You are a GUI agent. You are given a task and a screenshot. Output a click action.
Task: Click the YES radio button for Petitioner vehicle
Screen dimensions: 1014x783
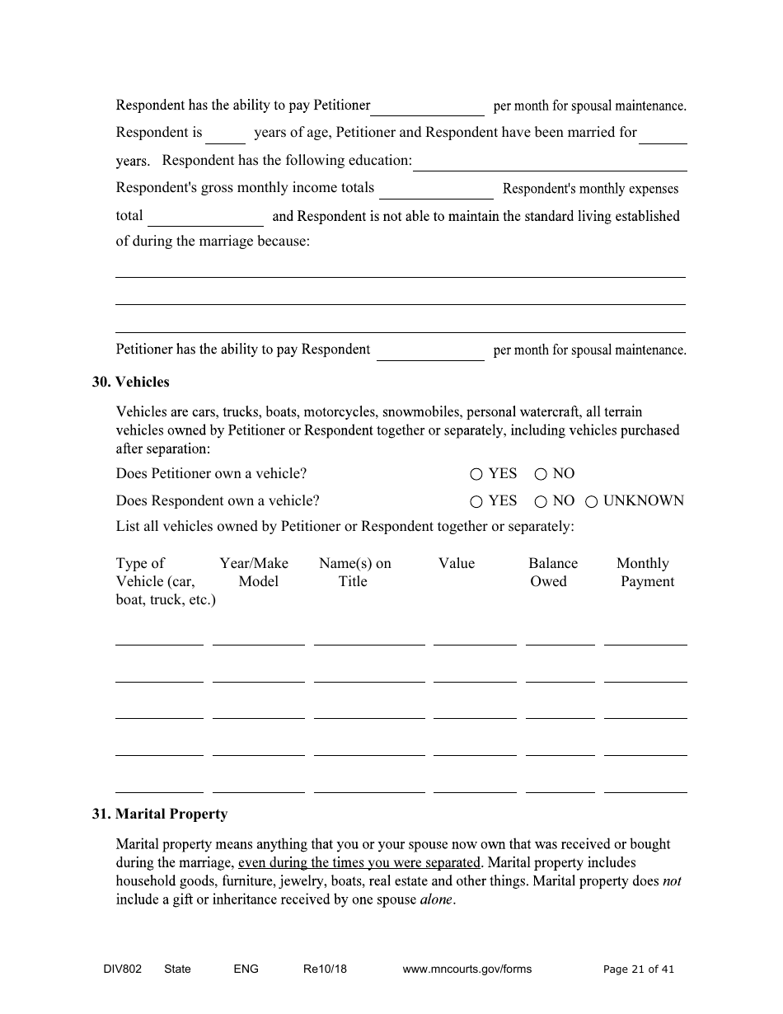point(476,474)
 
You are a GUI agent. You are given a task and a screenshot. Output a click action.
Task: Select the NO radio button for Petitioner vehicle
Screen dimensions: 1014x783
point(541,474)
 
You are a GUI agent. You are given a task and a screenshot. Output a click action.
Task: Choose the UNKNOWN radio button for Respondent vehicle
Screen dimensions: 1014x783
point(591,501)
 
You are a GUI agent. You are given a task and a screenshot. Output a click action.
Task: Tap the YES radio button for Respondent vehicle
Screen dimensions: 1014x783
point(476,501)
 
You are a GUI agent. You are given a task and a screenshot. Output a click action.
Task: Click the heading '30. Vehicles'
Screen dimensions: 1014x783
point(130,382)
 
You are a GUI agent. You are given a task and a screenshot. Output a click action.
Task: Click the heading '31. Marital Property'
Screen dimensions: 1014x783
point(159,814)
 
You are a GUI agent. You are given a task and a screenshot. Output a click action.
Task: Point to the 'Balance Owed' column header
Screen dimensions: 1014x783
point(552,572)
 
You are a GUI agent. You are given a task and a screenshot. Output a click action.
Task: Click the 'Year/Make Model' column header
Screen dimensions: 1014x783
point(255,572)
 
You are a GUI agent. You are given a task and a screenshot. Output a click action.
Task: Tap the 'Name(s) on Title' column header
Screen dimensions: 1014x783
point(354,572)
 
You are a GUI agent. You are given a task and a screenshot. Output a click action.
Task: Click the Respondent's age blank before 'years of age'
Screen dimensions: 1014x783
point(225,135)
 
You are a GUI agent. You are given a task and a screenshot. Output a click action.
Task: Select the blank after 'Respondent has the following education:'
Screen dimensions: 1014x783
point(549,162)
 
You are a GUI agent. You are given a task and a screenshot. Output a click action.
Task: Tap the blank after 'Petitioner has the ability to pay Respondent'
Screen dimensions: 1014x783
point(430,352)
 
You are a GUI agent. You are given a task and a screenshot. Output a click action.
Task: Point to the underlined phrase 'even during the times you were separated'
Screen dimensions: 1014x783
point(359,863)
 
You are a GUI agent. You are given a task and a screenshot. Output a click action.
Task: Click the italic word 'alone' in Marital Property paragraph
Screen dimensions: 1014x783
point(436,899)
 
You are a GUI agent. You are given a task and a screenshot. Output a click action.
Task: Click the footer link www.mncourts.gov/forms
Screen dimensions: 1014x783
point(467,969)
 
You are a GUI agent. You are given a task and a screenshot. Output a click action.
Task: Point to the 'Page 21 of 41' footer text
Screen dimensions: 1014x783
point(638,969)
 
